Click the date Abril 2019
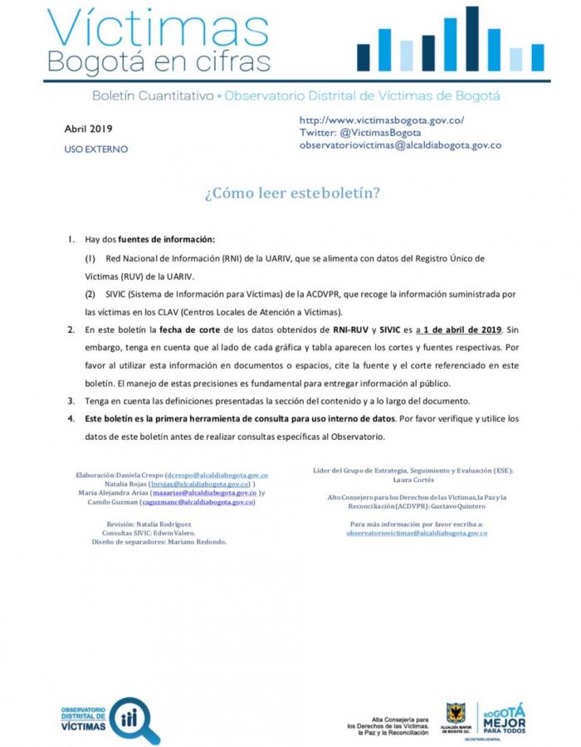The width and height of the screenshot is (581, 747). click(89, 129)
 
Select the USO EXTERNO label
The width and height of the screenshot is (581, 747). click(96, 149)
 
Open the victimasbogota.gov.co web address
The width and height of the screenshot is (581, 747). click(381, 120)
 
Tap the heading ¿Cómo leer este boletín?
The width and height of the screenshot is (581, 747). click(292, 193)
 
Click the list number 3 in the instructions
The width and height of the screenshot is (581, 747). click(71, 400)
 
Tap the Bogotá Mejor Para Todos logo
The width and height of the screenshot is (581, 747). click(501, 718)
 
